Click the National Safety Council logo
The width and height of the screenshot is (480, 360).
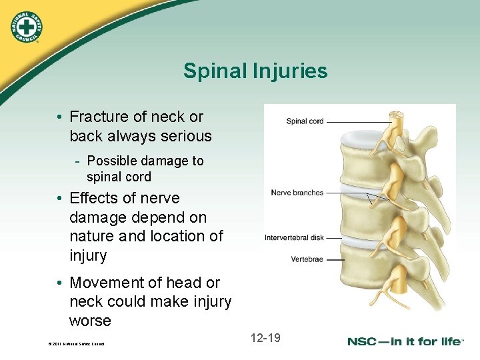(x=25, y=27)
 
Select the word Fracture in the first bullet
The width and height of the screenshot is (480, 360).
(x=99, y=117)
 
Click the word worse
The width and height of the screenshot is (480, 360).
(x=90, y=321)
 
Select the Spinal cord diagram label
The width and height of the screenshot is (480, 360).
(x=305, y=121)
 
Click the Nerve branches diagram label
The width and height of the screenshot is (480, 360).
(x=297, y=193)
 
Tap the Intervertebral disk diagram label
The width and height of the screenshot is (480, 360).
(x=294, y=237)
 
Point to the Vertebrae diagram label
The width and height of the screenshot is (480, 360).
(x=307, y=259)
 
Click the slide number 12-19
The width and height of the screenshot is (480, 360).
(x=265, y=338)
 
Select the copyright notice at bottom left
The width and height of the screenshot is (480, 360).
(x=76, y=344)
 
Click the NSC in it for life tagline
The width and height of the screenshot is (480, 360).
(x=405, y=341)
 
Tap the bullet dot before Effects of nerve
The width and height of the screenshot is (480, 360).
(x=60, y=199)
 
